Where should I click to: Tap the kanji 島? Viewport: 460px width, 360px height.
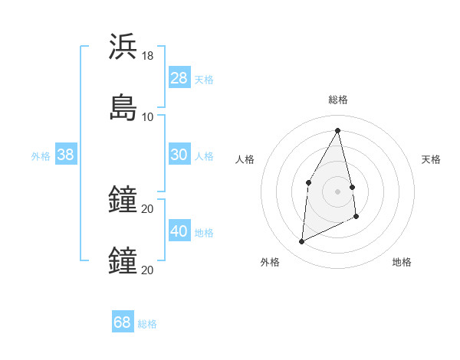tap(123, 107)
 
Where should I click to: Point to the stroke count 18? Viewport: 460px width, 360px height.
tap(148, 56)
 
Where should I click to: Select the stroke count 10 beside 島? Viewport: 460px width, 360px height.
tap(148, 117)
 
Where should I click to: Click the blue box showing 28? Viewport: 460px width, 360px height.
tap(179, 77)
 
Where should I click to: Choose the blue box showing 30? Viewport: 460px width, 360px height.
tap(179, 155)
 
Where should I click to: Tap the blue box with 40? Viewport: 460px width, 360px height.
tap(179, 231)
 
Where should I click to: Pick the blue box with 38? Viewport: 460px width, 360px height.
tap(65, 155)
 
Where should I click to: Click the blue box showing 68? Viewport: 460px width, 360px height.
tap(123, 322)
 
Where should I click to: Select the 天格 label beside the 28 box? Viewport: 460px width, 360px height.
tap(204, 79)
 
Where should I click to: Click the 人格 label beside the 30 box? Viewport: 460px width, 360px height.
tap(204, 156)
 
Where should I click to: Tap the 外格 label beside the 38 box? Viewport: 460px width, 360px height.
tap(41, 156)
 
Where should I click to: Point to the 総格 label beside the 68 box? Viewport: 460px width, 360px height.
tap(147, 324)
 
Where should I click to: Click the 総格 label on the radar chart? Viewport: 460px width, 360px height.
tap(338, 100)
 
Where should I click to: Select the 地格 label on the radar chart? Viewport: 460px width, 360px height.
tap(402, 262)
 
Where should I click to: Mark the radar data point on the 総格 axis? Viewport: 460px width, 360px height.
tap(338, 130)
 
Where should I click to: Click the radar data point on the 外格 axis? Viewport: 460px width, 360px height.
tap(301, 242)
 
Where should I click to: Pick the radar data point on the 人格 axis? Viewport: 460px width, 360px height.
tap(308, 182)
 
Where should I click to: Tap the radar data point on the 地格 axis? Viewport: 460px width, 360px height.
tap(356, 217)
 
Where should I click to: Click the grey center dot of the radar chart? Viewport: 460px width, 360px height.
tap(338, 191)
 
